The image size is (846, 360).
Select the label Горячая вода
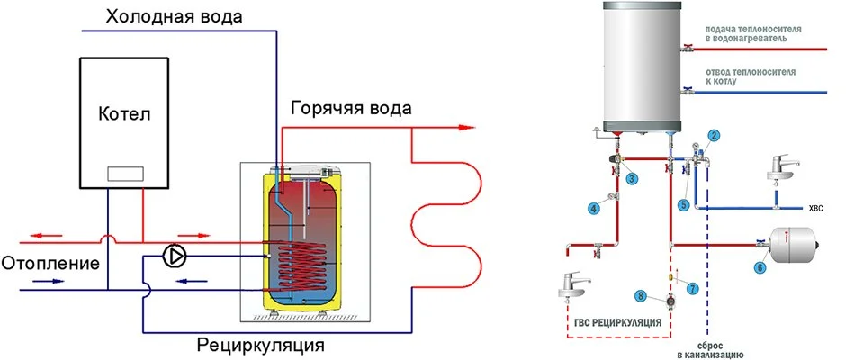[x=351, y=108]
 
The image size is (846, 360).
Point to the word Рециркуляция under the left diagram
[x=260, y=345]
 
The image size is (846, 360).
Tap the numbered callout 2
[x=713, y=136]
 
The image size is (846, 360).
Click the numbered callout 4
[x=593, y=209]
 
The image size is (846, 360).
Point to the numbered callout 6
[x=760, y=266]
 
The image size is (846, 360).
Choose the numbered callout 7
[x=692, y=288]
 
